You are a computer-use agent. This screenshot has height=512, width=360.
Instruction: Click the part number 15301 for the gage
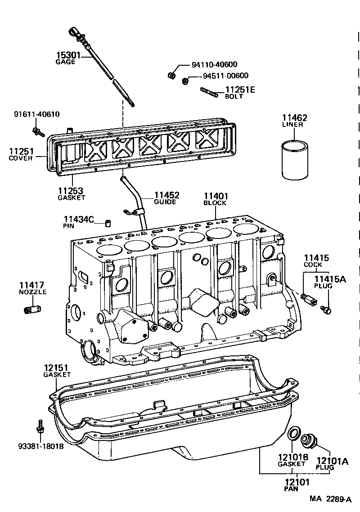coord(68,56)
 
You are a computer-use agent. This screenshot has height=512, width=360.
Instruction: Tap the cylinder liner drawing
coord(295,160)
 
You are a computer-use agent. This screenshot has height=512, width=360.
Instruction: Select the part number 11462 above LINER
coord(295,118)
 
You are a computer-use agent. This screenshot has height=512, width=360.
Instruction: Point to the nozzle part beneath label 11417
coord(32,310)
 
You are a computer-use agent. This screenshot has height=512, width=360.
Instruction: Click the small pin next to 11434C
coord(108,223)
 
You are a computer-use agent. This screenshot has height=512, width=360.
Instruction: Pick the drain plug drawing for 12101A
coord(309,440)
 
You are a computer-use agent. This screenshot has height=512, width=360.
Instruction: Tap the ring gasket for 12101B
coord(294,433)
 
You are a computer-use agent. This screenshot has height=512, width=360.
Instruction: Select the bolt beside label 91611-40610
coord(38,132)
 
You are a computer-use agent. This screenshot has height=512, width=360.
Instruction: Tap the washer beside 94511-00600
coord(185,81)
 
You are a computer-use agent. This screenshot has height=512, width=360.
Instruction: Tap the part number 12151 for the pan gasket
coord(57,368)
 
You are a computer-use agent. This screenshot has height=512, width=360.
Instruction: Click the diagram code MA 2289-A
coord(330,499)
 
